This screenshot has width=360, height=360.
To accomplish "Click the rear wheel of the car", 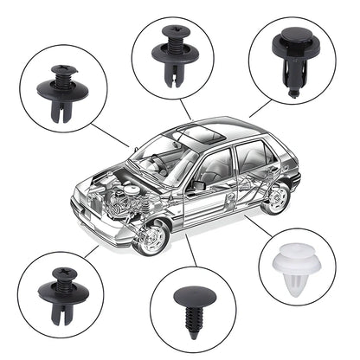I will click(x=275, y=198).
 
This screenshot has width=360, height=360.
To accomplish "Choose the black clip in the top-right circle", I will click(x=289, y=56).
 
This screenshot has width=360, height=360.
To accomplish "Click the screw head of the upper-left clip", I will click(x=65, y=71).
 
